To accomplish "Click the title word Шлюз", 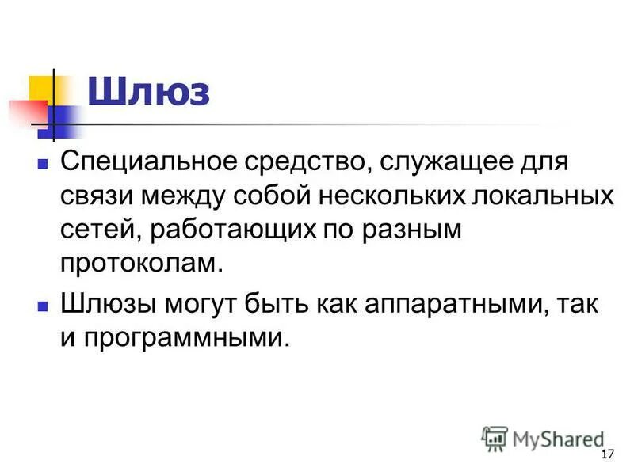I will coord(148,92).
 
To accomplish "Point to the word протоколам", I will coord(137,261).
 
